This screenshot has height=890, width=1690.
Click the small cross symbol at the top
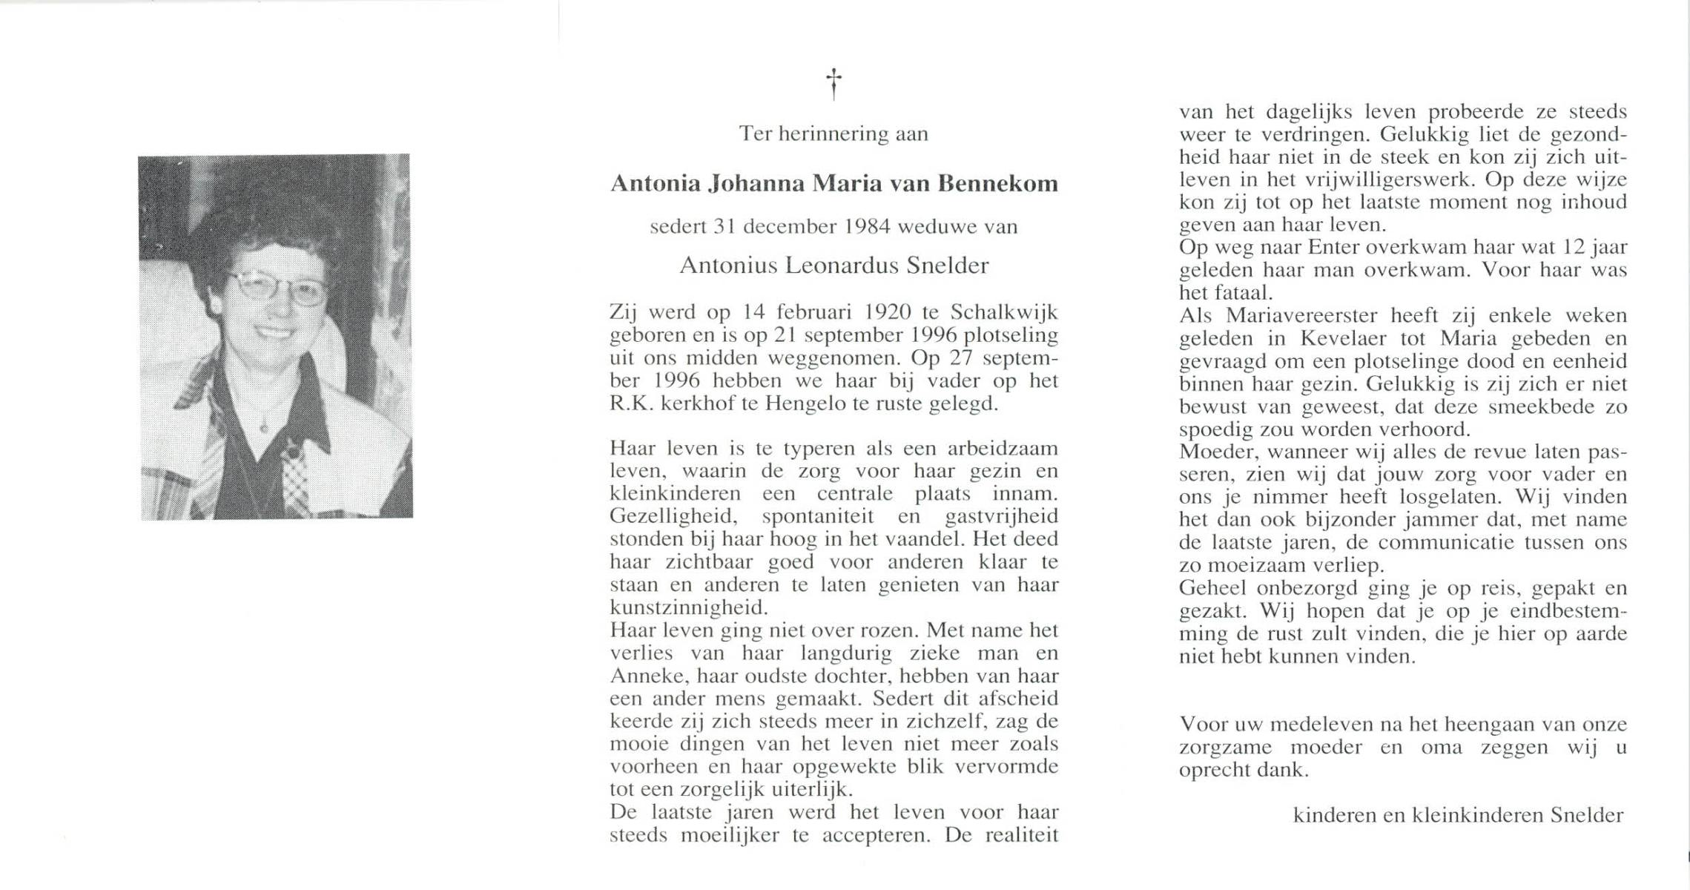(x=834, y=84)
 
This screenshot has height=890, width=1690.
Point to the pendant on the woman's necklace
(x=263, y=428)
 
